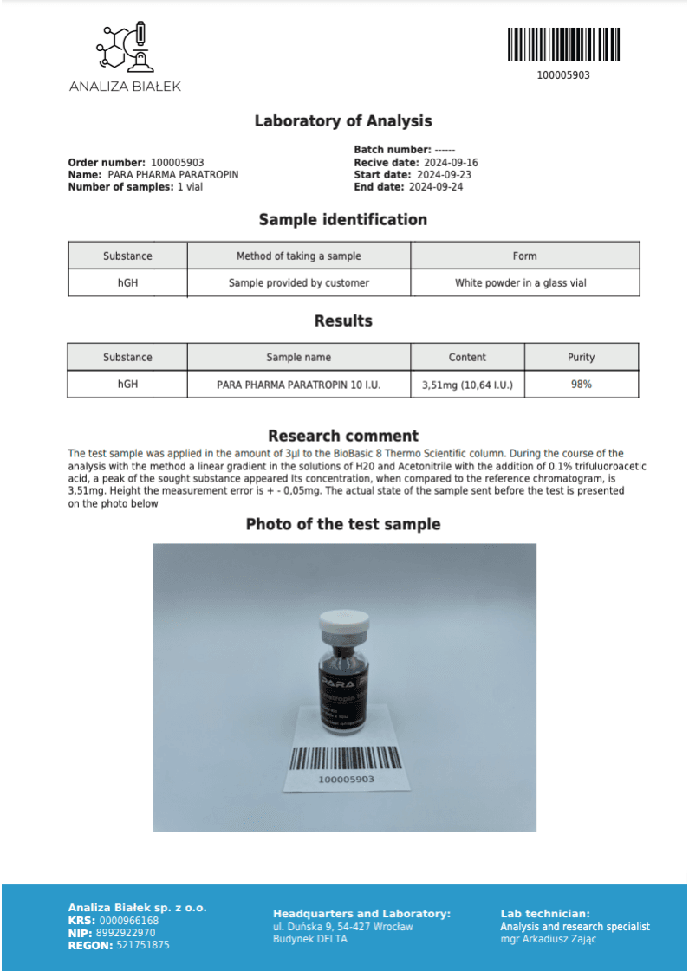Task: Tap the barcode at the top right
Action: coord(563,44)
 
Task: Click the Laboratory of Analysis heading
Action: coord(343,121)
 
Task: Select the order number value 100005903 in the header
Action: coord(177,163)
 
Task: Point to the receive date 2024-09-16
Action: coord(451,163)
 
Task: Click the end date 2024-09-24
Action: coord(436,187)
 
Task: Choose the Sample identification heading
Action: coord(343,220)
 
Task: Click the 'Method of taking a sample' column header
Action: coord(298,256)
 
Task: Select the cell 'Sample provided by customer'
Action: coord(298,282)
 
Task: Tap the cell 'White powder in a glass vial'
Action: coord(524,282)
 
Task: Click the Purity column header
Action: coord(581,357)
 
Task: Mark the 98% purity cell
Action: coord(581,384)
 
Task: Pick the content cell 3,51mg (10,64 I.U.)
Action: coord(467,385)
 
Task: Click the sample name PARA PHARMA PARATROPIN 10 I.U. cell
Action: coord(298,384)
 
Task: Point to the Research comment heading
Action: coord(343,436)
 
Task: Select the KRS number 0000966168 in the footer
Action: coord(129,921)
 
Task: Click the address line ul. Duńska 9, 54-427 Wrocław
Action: coord(342,927)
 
